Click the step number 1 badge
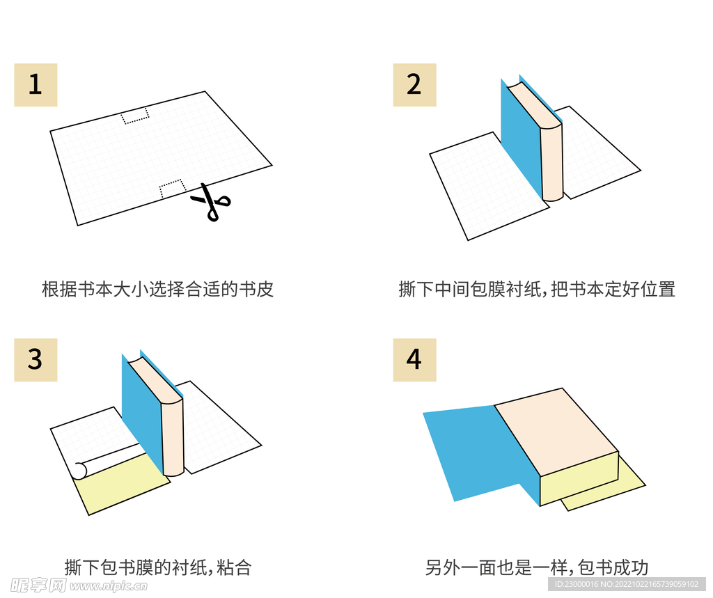36,85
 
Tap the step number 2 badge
414,85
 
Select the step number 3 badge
36,360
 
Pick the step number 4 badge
414,360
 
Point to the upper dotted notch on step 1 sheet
135,116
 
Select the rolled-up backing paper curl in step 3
79,471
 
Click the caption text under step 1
157,290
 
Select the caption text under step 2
537,290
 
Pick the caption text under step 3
157,567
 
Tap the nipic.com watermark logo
74,585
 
